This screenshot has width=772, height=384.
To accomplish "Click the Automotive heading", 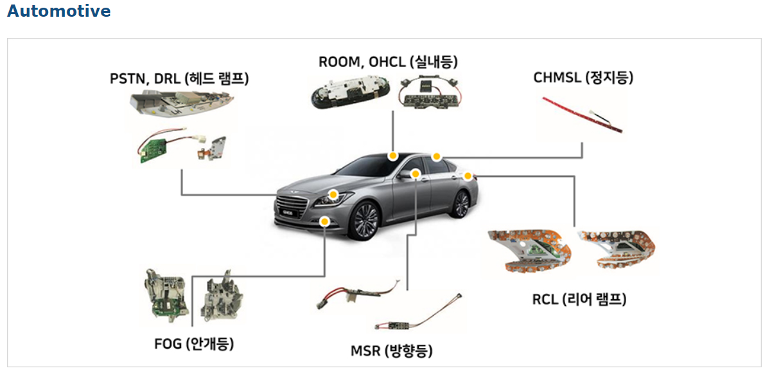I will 59,11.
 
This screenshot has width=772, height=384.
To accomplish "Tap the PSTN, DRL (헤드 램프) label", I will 179,79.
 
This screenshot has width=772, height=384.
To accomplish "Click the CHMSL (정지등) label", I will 583,78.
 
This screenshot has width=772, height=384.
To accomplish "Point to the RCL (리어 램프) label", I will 579,299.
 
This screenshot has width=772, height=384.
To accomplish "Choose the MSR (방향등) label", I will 391,351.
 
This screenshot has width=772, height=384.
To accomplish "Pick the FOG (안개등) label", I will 194,343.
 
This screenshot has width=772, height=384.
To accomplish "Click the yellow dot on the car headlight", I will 333,194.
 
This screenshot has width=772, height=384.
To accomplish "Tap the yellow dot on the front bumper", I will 325,221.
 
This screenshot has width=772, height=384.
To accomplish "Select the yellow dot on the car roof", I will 392,156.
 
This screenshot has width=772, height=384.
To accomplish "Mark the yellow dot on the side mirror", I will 416,174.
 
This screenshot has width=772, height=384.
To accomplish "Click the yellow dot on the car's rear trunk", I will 468,176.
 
